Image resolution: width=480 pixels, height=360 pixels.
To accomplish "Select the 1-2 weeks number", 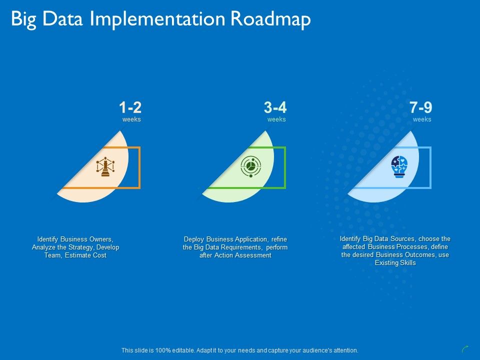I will point(130,107).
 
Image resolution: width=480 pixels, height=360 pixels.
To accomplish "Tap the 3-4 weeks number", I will point(275,107).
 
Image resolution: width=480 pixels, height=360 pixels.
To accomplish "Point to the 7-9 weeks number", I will point(420,107).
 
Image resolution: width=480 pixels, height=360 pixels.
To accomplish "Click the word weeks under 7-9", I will point(422,119).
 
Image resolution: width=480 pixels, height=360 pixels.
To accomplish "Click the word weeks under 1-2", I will point(131,119).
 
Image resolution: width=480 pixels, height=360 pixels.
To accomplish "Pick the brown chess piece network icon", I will point(105,167).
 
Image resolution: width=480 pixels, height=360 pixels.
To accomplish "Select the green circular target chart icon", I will point(249,166).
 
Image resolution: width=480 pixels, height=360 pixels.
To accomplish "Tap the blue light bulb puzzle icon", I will point(399,166).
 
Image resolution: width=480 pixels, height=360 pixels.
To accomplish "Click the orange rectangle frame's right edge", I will point(139,167).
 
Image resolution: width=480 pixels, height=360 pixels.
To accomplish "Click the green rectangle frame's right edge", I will point(284,167).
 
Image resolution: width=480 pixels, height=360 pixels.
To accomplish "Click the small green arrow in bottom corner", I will point(465,349).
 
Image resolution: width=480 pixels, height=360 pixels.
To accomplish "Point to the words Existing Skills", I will point(395,263).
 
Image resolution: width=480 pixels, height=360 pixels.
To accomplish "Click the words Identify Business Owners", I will point(75,239).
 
